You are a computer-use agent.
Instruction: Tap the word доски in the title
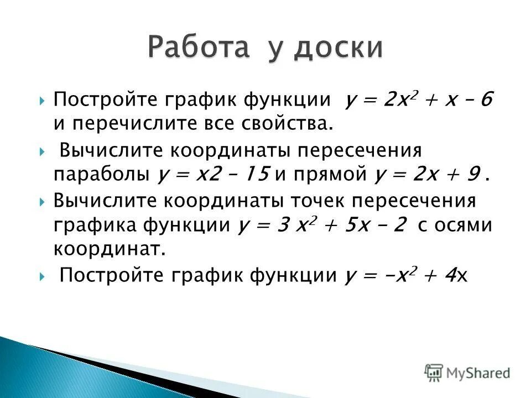coord(337,48)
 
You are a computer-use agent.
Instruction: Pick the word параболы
coord(102,175)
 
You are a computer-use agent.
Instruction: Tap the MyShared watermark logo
coord(467,372)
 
